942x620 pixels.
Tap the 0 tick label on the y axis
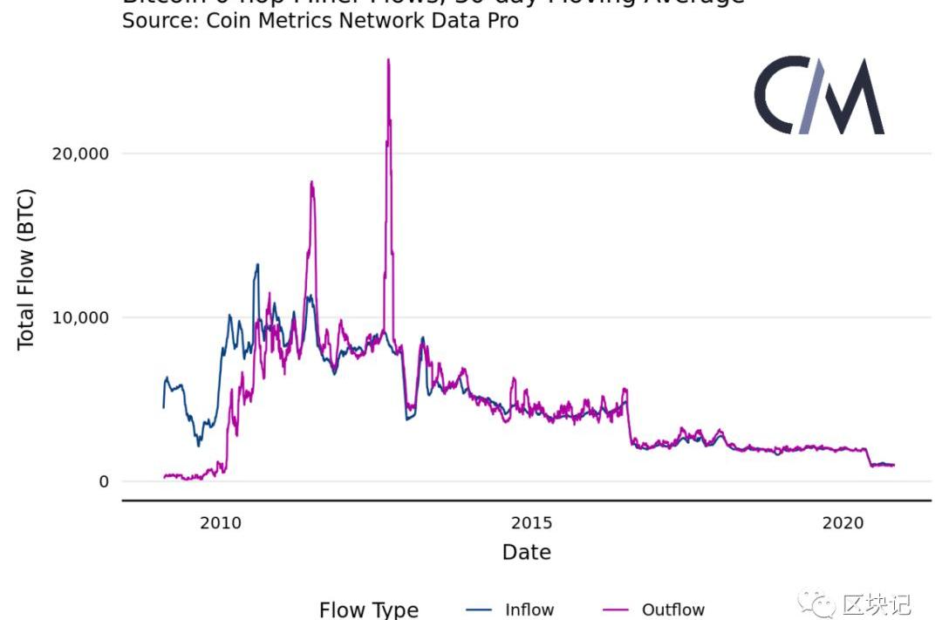point(104,481)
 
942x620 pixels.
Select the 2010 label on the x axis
point(220,523)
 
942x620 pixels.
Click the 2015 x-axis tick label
point(531,523)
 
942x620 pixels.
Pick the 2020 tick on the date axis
point(843,523)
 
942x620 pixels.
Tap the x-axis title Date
point(527,552)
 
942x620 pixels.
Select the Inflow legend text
point(529,610)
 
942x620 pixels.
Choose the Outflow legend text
point(672,610)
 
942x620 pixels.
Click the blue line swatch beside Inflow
point(478,610)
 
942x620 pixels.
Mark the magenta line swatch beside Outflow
point(616,610)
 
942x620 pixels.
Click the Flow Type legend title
point(369,610)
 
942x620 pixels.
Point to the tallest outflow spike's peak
point(388,60)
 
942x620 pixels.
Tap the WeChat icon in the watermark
point(819,603)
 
